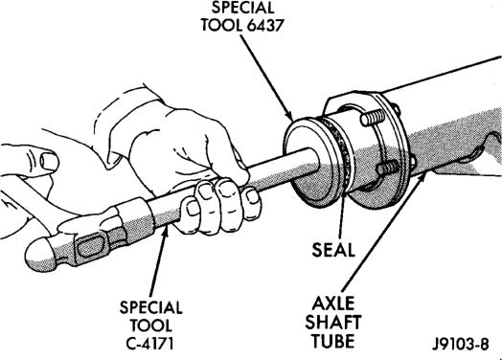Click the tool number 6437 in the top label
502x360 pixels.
click(x=265, y=25)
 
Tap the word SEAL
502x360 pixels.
click(x=333, y=250)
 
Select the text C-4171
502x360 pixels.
click(x=150, y=344)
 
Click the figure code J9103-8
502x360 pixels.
click(x=461, y=345)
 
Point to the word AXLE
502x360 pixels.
click(x=333, y=304)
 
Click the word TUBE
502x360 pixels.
click(x=333, y=341)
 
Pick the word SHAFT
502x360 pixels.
click(x=333, y=322)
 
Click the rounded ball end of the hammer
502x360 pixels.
click(x=38, y=255)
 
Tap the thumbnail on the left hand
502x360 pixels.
click(x=49, y=161)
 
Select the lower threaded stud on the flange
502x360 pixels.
click(x=388, y=169)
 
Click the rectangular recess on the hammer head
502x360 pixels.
click(x=91, y=247)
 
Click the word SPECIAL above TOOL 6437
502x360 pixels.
click(x=242, y=8)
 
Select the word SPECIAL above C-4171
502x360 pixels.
click(x=150, y=307)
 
